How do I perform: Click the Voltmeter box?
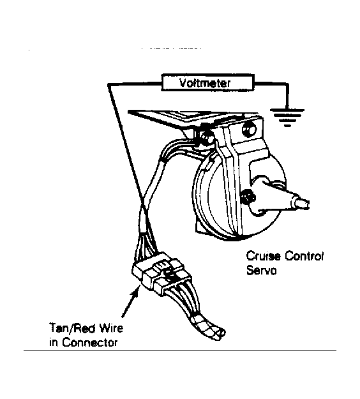point(207,82)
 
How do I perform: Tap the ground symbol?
point(287,117)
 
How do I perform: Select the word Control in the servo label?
point(304,256)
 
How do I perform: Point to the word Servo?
point(262,270)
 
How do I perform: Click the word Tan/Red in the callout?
point(72,327)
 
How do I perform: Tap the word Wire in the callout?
point(111,327)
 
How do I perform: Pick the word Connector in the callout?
point(90,342)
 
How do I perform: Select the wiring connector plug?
point(158,273)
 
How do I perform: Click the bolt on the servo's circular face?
point(248,197)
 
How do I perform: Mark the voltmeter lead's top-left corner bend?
point(108,84)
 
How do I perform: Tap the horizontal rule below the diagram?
point(180,350)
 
